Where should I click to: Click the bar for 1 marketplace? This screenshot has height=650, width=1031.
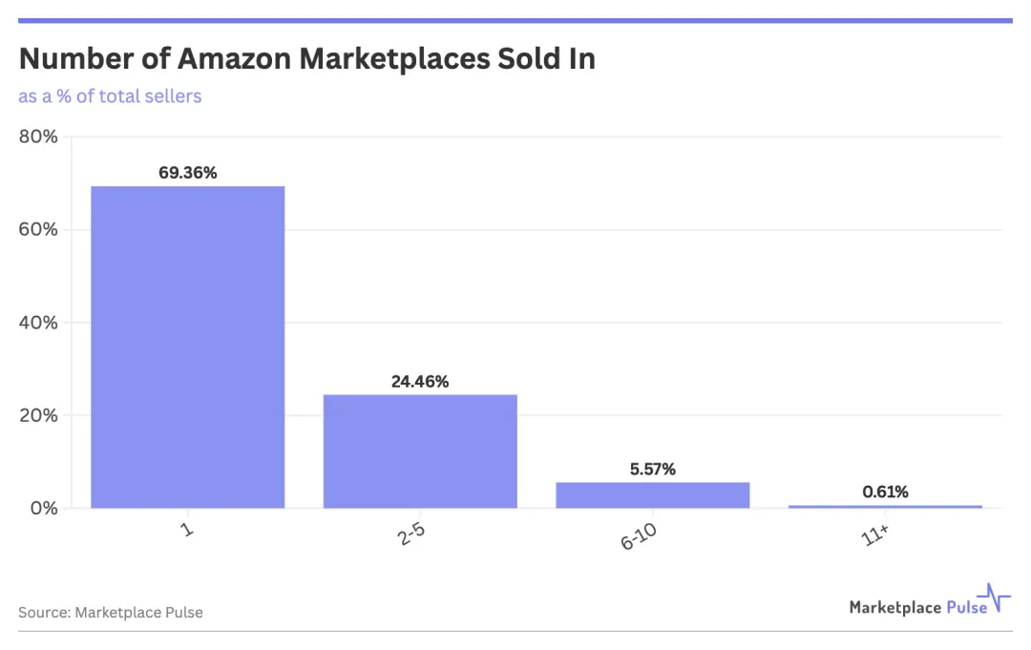click(187, 346)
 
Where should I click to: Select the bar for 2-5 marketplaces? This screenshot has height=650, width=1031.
click(420, 451)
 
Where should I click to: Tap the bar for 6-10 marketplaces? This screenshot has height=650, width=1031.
click(653, 495)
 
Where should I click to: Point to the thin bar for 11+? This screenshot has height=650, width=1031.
click(885, 506)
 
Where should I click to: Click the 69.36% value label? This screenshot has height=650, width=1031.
click(188, 173)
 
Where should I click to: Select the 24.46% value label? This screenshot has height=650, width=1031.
click(420, 382)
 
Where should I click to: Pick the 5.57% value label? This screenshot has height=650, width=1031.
click(653, 469)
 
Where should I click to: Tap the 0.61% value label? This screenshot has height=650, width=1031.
click(885, 493)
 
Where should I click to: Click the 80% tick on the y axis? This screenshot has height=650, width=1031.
click(38, 136)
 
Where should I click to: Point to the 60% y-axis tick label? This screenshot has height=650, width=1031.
click(38, 230)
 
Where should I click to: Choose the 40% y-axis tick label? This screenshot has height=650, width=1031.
click(38, 323)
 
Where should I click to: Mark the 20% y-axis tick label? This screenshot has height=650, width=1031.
click(38, 415)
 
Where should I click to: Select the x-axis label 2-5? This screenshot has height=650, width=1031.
click(412, 536)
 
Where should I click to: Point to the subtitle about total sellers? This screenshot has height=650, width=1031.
click(110, 96)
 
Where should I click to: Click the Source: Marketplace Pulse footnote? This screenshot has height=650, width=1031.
click(111, 612)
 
